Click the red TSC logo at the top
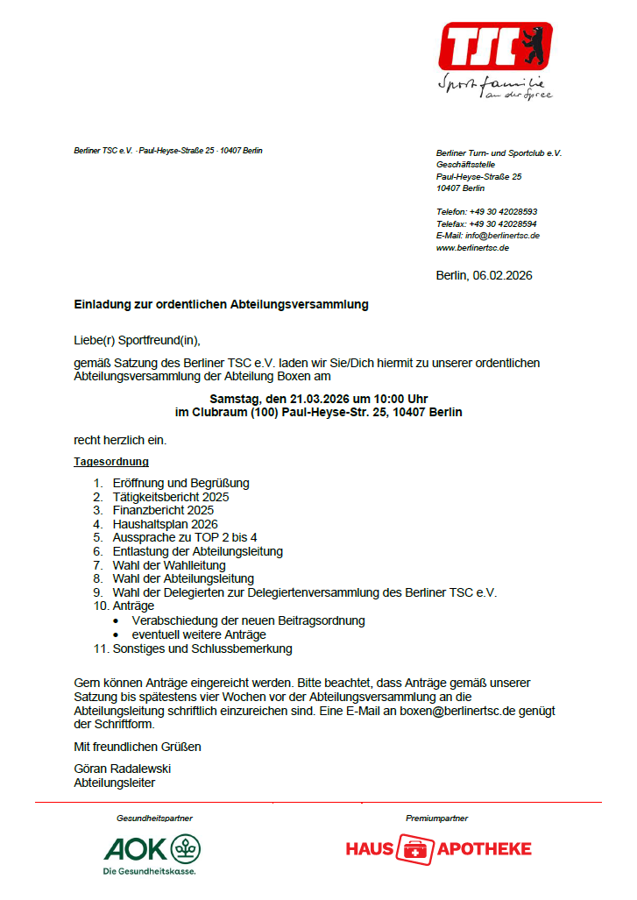(x=495, y=46)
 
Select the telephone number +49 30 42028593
(x=503, y=212)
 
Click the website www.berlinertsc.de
(x=472, y=248)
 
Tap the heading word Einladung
(x=103, y=305)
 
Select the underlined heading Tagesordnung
(x=111, y=461)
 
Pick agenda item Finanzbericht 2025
(x=163, y=510)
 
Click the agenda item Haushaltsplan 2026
(x=166, y=524)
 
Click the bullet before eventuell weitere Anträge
(x=117, y=634)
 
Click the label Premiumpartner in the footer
(x=436, y=818)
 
